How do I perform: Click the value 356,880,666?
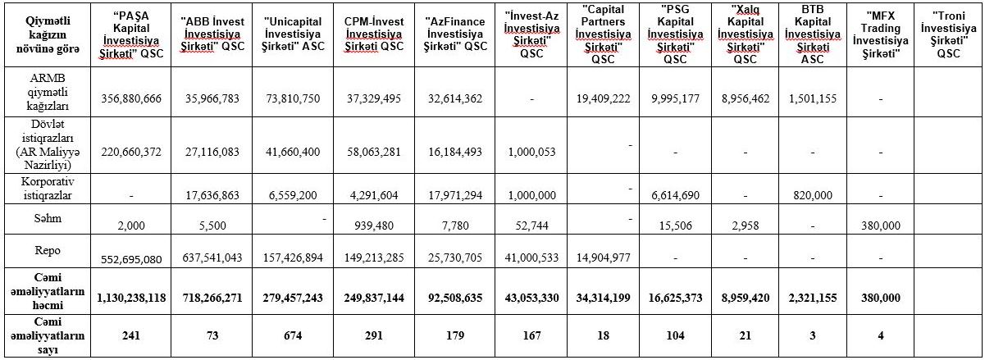click(x=132, y=98)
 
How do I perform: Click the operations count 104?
click(x=676, y=336)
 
